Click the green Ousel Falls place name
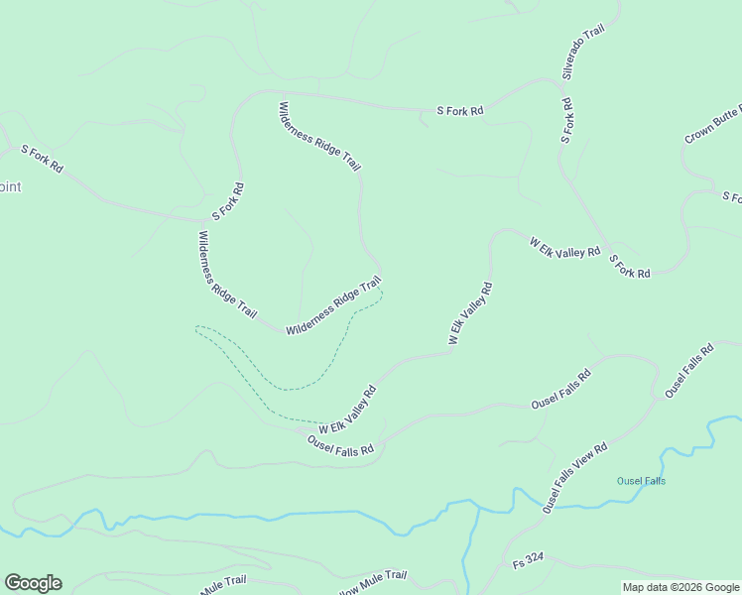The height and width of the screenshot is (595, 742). click(641, 481)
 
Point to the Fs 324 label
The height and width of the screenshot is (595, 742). click(528, 560)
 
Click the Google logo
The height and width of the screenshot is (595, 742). click(33, 583)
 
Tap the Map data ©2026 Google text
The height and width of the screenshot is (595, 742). click(680, 587)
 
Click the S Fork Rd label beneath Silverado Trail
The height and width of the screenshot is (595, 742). click(566, 120)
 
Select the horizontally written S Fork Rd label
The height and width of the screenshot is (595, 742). click(460, 111)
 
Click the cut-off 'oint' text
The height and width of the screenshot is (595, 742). click(10, 186)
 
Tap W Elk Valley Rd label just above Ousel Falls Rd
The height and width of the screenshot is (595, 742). click(348, 409)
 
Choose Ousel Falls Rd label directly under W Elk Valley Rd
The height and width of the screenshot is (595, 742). click(340, 445)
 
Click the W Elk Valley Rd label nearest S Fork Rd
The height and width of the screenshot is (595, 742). click(564, 248)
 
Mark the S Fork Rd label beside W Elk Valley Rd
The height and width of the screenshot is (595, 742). click(629, 266)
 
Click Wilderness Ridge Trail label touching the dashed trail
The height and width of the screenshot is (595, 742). click(333, 306)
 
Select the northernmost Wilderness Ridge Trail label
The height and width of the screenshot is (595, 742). click(319, 137)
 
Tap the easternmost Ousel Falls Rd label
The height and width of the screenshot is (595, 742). click(689, 371)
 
